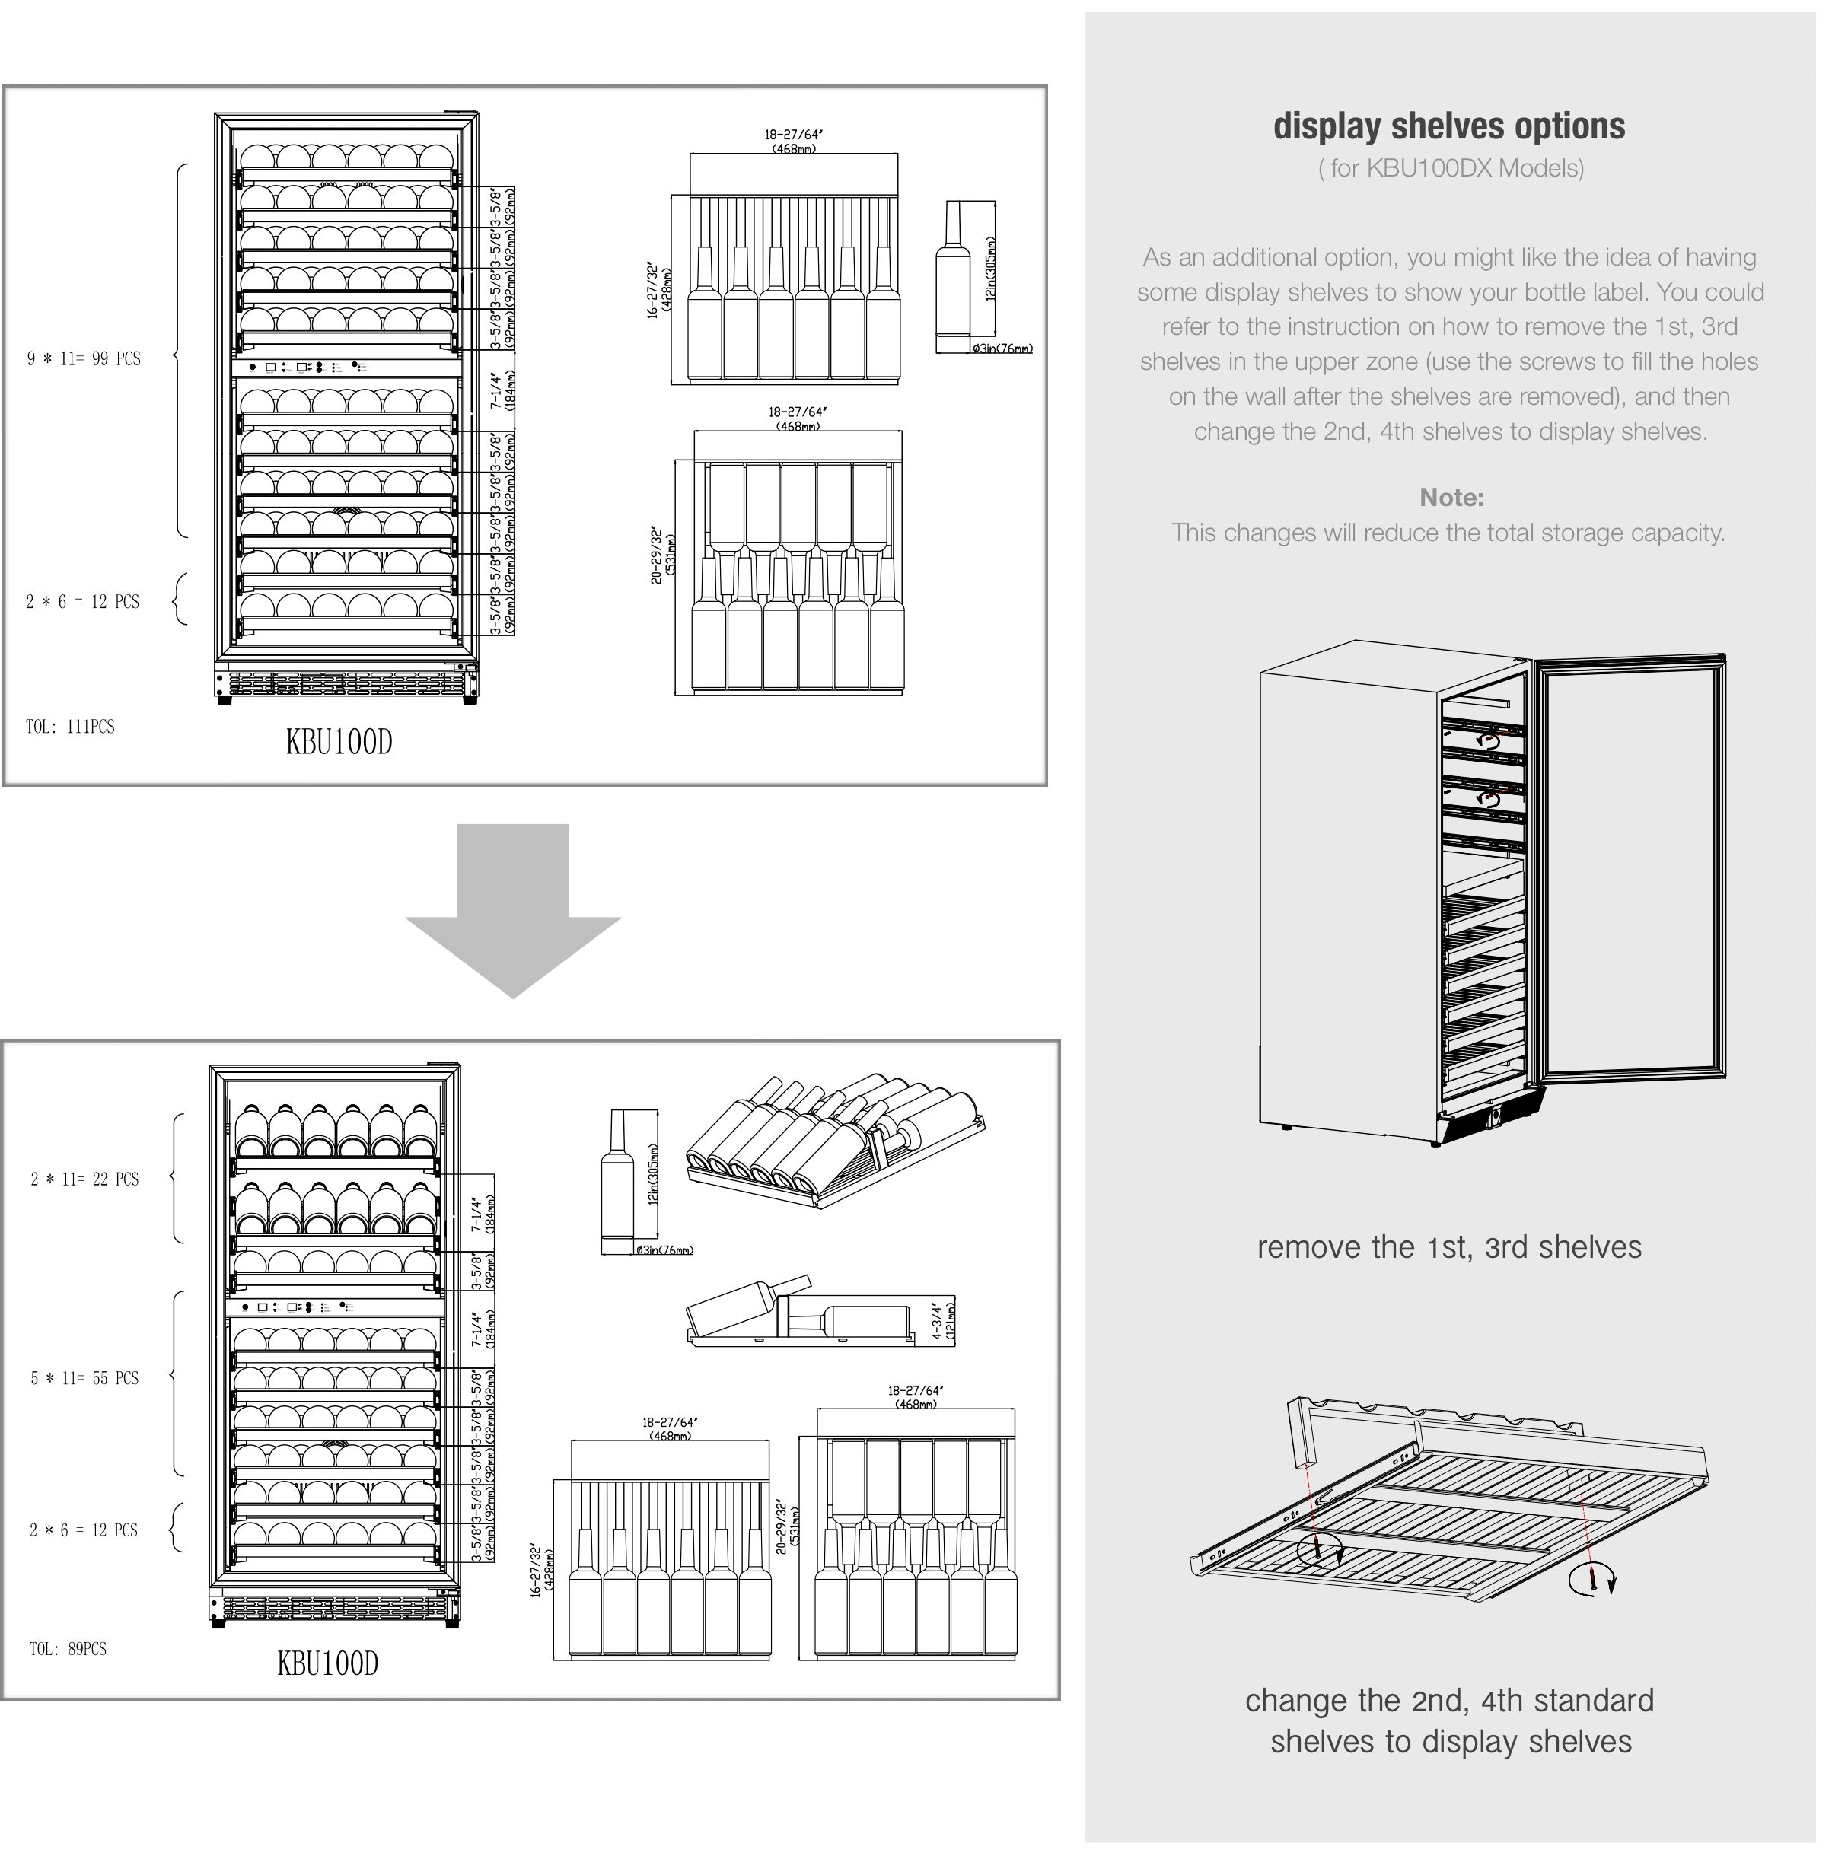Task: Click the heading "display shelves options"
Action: click(1449, 126)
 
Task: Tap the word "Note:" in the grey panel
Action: click(1451, 498)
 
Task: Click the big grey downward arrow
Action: click(513, 909)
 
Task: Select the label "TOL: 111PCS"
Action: click(70, 727)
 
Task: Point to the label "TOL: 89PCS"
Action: click(67, 1648)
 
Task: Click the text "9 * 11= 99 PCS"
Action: click(84, 359)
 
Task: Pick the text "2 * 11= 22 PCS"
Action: click(84, 1179)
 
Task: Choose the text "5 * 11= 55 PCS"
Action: click(84, 1378)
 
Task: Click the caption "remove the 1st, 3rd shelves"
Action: click(1449, 1246)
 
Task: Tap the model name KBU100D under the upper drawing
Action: click(339, 742)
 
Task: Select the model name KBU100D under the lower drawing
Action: click(327, 1663)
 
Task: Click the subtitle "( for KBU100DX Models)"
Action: click(1451, 168)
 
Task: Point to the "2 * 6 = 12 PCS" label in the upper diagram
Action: click(83, 601)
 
